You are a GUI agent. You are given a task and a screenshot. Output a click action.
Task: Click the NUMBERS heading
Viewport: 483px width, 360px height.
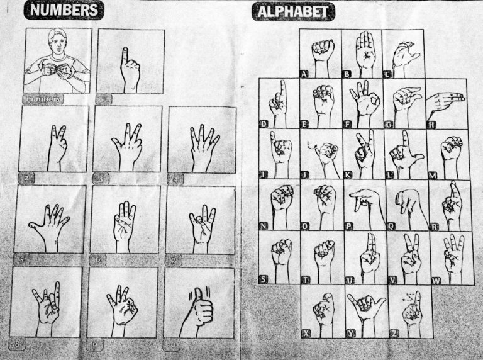click(x=65, y=11)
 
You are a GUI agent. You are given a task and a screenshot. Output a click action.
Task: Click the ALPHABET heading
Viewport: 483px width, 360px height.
click(x=293, y=11)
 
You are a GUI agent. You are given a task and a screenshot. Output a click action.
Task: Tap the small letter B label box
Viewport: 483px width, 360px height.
click(x=347, y=73)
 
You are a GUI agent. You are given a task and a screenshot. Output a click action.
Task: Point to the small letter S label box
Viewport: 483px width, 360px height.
click(x=263, y=278)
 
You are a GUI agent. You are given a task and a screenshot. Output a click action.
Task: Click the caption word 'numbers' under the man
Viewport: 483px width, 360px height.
click(x=42, y=99)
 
